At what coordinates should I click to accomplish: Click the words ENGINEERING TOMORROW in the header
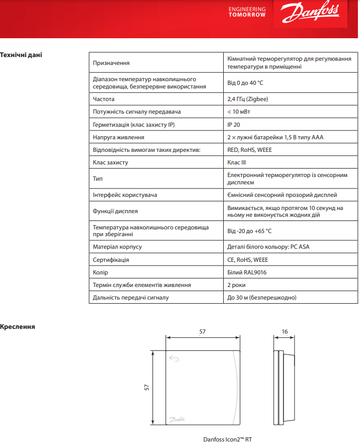point(247,12)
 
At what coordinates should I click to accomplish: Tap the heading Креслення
point(18,326)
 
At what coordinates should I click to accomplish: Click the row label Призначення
point(111,63)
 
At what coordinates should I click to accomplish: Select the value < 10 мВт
point(238,112)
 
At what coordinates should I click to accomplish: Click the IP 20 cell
point(234,125)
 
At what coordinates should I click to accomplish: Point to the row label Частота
point(104,99)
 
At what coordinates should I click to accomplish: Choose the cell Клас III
point(236,162)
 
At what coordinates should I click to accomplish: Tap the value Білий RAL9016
point(243,272)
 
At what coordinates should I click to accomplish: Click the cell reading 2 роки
point(236,285)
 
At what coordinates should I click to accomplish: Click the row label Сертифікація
point(111,260)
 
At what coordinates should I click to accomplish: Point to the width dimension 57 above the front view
point(203,331)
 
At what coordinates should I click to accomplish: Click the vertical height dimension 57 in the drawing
point(147,388)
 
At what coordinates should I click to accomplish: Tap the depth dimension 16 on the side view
point(285,331)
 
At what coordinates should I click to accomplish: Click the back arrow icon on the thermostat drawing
point(174,359)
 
